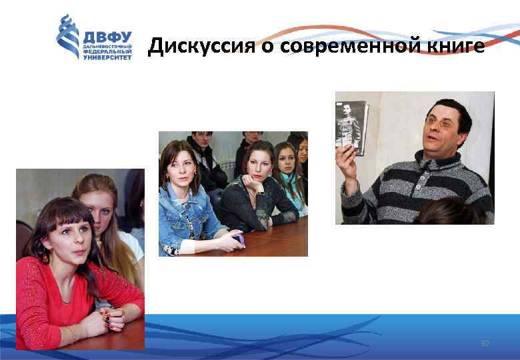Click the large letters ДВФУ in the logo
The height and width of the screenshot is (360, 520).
coord(107,37)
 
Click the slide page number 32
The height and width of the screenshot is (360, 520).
coord(485,343)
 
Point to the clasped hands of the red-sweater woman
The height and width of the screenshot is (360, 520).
coord(113,320)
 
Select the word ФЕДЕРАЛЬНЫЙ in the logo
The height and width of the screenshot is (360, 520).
coord(107,51)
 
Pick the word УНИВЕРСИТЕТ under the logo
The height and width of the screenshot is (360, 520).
coord(107,57)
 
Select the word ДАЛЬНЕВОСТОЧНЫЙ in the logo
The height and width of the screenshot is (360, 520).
coord(107,46)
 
